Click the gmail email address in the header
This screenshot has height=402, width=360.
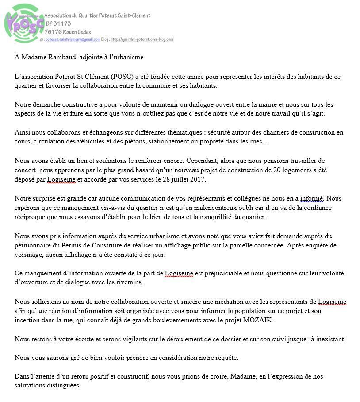pyautogui.click(x=73, y=39)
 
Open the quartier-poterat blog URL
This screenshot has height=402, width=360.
pyautogui.click(x=142, y=39)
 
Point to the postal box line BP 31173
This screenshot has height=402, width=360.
pyautogui.click(x=58, y=23)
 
